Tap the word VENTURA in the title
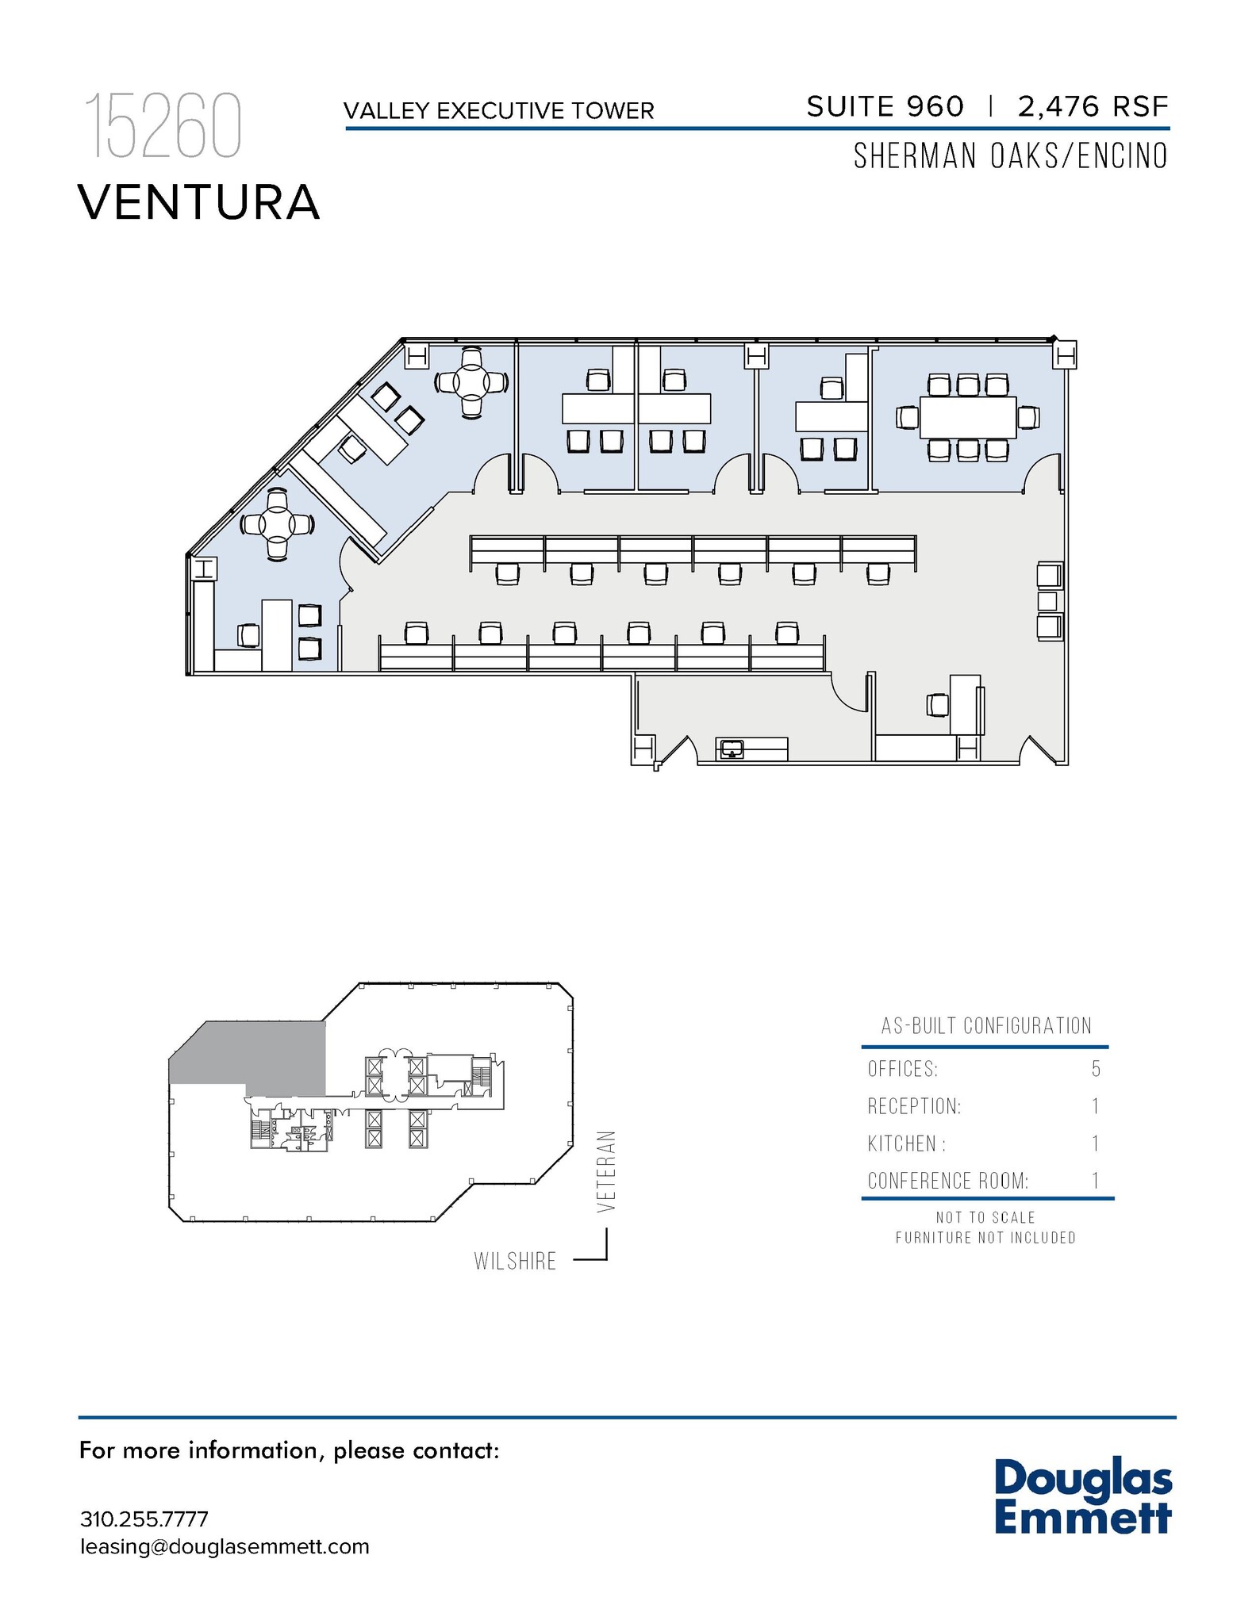click(199, 202)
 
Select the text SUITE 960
click(885, 106)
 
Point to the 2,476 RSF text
click(1093, 106)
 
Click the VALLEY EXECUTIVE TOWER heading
click(499, 111)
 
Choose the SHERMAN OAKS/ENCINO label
click(1011, 156)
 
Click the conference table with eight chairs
click(967, 417)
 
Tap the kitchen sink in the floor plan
click(731, 748)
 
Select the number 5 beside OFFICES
click(1096, 1069)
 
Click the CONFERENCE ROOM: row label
click(948, 1181)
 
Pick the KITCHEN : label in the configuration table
click(907, 1143)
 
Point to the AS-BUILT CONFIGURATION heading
click(986, 1026)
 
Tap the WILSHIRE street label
click(515, 1261)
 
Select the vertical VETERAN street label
click(607, 1171)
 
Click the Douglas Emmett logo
click(1083, 1496)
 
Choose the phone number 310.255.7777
click(144, 1519)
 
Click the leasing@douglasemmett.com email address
click(225, 1547)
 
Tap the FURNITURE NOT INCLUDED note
click(985, 1238)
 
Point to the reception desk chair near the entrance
click(938, 703)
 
